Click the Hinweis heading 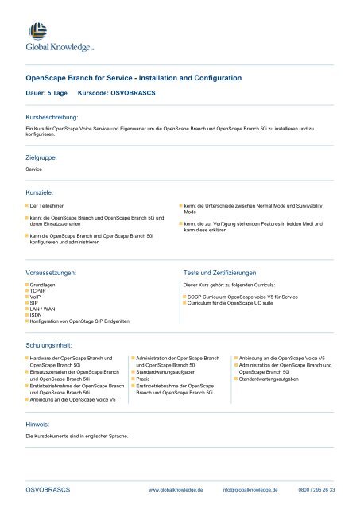click(37, 425)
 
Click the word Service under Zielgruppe click(34, 169)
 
